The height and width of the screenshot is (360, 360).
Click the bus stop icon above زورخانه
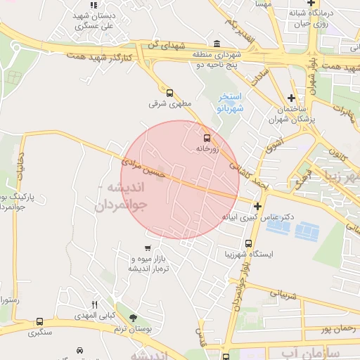click(x=206, y=138)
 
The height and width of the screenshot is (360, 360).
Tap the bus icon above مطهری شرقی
click(x=169, y=92)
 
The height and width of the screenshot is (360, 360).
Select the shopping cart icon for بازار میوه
click(x=148, y=247)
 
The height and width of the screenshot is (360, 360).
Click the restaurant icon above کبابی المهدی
click(x=95, y=304)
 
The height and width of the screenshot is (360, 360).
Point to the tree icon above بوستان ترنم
click(x=134, y=318)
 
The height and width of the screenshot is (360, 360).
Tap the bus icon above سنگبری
click(x=39, y=321)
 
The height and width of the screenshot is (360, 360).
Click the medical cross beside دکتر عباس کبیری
click(x=258, y=207)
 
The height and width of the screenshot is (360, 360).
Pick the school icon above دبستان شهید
click(x=94, y=6)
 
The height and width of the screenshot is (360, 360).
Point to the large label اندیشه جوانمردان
click(x=120, y=197)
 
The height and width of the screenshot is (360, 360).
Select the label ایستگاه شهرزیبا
click(x=248, y=254)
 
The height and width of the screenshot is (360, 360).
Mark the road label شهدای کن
click(x=166, y=45)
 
